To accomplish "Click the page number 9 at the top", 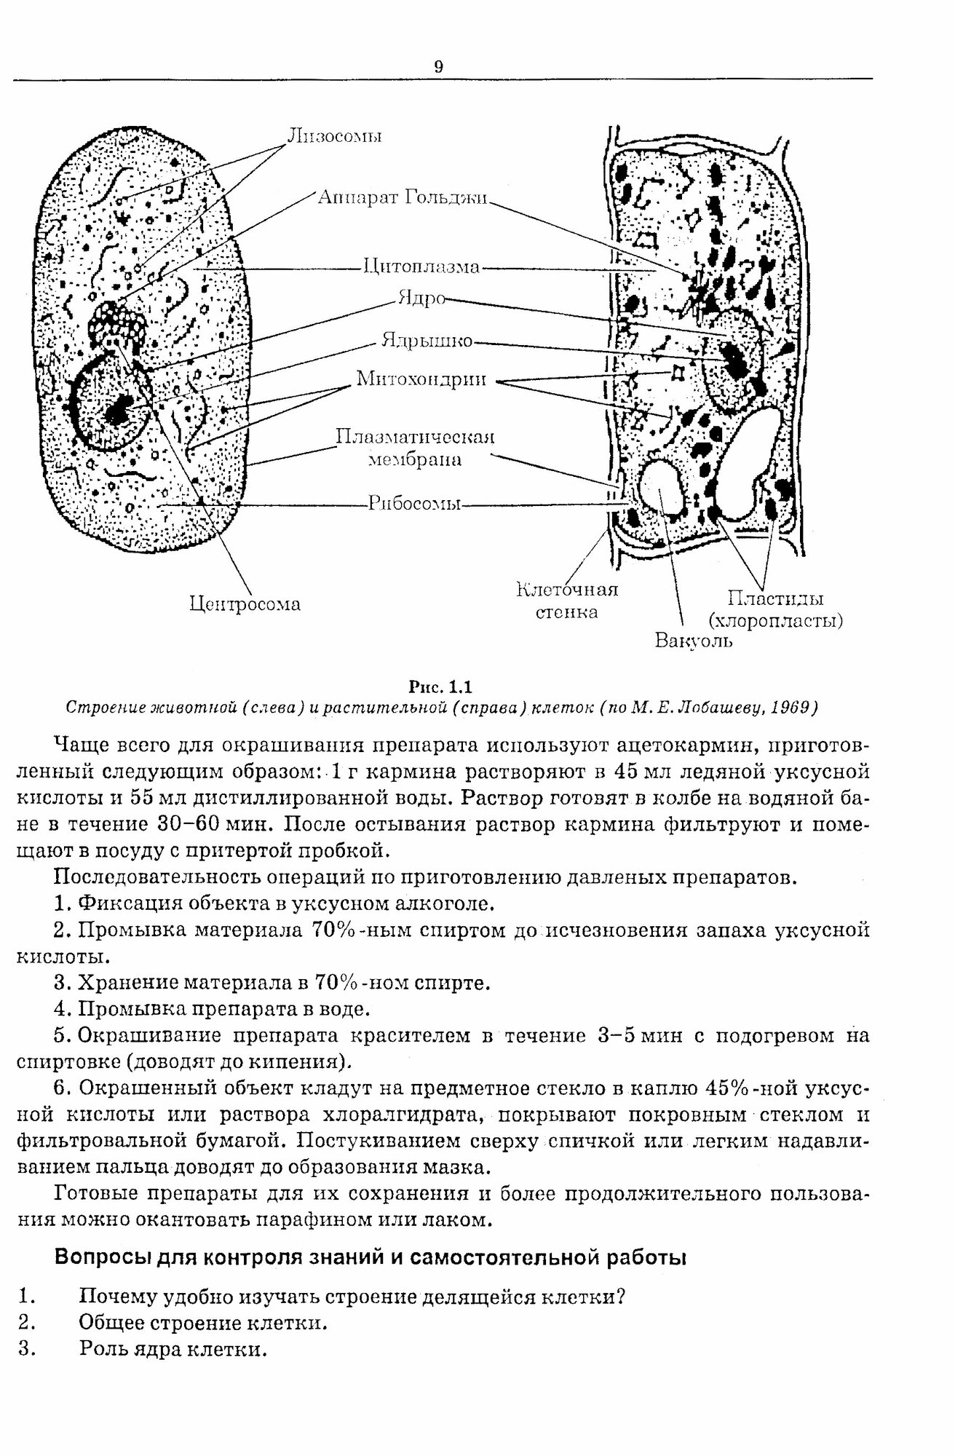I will [x=438, y=67].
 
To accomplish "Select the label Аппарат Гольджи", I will [x=403, y=197].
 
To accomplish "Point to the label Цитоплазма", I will [x=421, y=267].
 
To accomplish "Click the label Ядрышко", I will [x=427, y=341].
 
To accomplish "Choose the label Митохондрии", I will [x=421, y=379].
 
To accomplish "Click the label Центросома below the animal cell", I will [x=245, y=604].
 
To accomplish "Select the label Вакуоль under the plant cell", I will [x=694, y=641].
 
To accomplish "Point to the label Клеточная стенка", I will [x=567, y=599].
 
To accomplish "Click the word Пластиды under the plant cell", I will [x=775, y=598].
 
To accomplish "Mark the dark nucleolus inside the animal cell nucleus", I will [x=116, y=414].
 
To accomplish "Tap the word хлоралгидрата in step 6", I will [x=404, y=1115].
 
